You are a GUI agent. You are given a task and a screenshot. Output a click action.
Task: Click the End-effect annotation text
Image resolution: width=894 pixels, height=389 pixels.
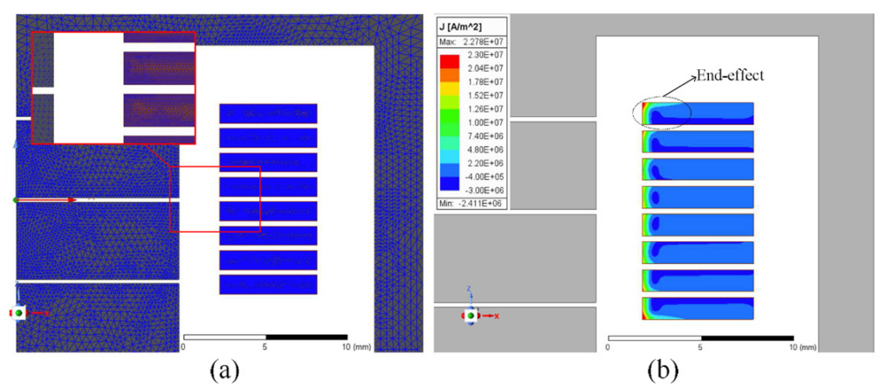731,77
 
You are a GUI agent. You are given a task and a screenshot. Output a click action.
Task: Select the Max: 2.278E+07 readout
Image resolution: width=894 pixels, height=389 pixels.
471,43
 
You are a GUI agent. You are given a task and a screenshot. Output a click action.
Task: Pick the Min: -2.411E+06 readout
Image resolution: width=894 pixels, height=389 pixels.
470,204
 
